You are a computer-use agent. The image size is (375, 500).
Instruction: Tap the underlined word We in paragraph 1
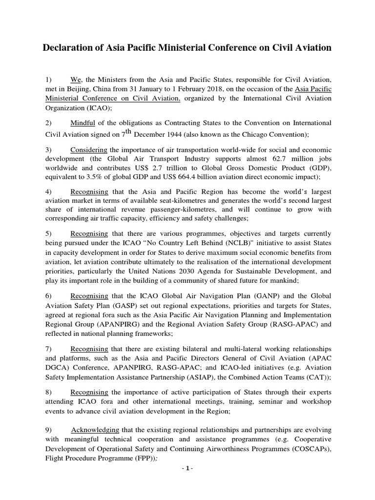[x=75, y=80]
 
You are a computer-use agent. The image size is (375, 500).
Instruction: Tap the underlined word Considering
[x=89, y=149]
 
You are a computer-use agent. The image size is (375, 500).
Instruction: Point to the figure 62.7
[x=281, y=159]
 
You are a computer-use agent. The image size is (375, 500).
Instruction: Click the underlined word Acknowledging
[x=95, y=430]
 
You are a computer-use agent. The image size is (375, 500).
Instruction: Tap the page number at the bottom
[x=187, y=469]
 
